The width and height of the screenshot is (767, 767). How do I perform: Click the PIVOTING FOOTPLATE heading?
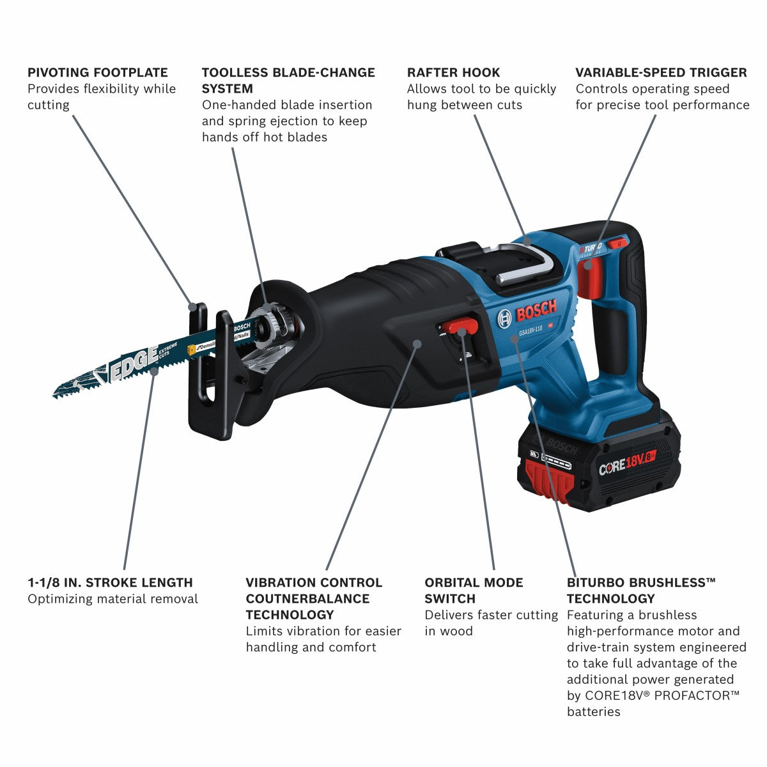coord(97,72)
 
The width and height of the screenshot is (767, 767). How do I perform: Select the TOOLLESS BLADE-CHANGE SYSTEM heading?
coord(288,80)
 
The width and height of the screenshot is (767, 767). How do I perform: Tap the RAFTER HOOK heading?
coord(453,72)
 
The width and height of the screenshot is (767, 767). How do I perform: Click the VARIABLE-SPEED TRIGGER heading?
coord(661,72)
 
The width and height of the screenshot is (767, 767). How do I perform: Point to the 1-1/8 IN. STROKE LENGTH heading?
coord(110,582)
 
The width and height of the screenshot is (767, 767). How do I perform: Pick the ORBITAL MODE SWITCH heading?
coord(474,590)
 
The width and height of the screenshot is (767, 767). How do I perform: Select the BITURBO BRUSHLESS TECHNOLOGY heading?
coord(641,590)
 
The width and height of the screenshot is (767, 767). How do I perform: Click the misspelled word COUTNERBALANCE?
coord(307,598)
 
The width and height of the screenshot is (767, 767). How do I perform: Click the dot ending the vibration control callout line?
coord(417,343)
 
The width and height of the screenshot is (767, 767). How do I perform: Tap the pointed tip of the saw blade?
coord(55,396)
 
